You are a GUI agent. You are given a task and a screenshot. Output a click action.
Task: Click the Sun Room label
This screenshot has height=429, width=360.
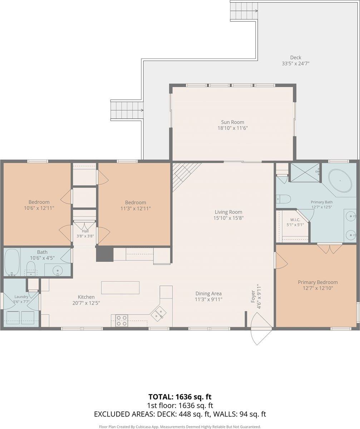pos(232,122)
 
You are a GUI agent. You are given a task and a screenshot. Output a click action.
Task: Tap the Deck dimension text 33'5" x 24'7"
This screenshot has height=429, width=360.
pos(296,64)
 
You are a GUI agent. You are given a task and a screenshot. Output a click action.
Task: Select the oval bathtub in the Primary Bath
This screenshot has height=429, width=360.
pos(340,181)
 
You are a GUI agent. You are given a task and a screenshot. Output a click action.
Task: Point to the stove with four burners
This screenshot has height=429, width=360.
pos(122,321)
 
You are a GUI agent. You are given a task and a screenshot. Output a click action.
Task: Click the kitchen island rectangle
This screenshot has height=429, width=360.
pos(120,288)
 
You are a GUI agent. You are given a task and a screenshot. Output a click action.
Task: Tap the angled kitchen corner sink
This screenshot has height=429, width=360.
pos(158,313)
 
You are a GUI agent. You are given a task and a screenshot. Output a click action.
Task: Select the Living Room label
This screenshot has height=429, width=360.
pos(228,212)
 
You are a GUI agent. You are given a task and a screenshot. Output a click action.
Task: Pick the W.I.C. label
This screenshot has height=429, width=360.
pos(295,220)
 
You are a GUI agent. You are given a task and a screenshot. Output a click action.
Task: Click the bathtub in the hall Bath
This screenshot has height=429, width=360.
pos(12,262)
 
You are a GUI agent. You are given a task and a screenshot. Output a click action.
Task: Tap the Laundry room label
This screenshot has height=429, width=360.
pos(21,297)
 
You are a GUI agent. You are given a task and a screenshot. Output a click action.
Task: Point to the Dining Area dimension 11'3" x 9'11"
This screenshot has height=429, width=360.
pos(208,299)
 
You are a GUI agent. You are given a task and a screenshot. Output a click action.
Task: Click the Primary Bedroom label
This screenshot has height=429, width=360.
pos(318,282)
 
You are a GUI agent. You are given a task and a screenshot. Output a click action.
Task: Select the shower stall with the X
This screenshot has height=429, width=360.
pos(305,173)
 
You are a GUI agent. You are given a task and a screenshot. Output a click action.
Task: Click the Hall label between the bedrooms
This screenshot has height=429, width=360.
pos(85,231)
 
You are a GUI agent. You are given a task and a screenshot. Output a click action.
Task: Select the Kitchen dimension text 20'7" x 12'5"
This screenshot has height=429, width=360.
pos(86,303)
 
